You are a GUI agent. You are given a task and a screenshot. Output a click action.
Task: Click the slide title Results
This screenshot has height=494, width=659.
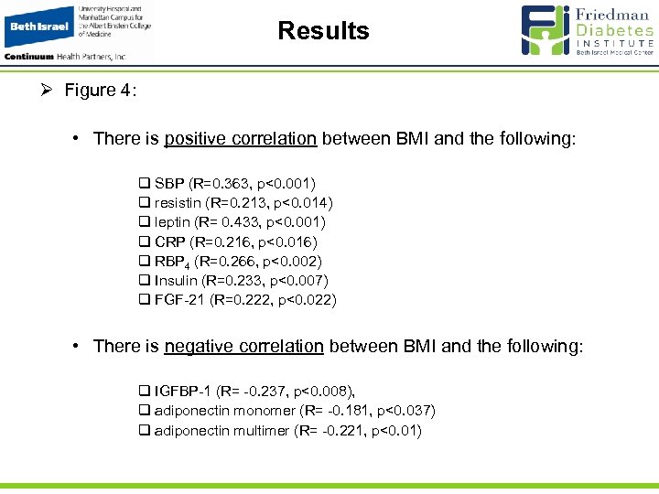323,31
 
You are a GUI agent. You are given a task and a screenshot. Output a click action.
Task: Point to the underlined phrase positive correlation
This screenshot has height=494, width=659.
241,139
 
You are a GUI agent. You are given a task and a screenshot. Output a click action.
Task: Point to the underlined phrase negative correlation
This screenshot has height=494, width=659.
243,346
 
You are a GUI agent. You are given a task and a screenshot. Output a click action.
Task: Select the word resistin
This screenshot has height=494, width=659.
178,202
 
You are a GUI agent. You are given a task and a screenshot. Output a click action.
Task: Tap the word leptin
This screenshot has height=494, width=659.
173,221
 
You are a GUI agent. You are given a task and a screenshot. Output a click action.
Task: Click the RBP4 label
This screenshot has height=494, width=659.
170,262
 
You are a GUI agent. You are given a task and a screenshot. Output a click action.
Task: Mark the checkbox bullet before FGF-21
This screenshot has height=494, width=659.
144,300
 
